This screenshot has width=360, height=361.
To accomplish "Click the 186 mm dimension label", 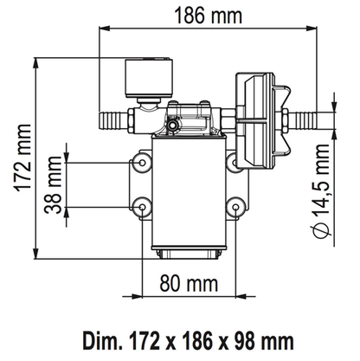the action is tap(209, 16).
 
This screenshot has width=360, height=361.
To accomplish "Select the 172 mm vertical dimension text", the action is tap(22, 158).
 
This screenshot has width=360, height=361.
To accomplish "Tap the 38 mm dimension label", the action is tap(53, 185).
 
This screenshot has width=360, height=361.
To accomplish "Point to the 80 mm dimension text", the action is tap(189, 283).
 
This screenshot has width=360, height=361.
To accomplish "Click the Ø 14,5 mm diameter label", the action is tap(321, 191).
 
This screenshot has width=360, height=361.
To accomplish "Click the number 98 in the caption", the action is tap(244, 341).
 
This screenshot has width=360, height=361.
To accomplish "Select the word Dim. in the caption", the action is tap(100, 341).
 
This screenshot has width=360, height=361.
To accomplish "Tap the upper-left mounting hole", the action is tap(142, 163).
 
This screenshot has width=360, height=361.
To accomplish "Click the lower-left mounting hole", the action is tap(142, 207).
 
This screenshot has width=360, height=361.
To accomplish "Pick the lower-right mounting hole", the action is tap(235, 207).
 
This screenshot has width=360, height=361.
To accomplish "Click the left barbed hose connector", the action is tap(112, 121).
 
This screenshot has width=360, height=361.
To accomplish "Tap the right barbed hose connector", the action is tap(303, 121).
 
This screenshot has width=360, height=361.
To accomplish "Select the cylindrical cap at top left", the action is tap(149, 77).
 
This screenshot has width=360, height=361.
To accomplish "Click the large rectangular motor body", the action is tap(189, 192).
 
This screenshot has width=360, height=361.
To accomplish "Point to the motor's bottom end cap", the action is tap(189, 253).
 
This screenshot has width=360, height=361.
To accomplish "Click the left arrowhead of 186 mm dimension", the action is tap(105, 29).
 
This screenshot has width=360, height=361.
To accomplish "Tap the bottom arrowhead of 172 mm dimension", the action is tap(35, 253).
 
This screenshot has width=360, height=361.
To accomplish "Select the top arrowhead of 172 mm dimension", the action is tap(35, 63).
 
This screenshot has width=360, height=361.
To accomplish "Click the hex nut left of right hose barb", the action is tap(285, 121).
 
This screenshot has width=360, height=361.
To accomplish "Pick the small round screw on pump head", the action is tap(173, 125).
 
